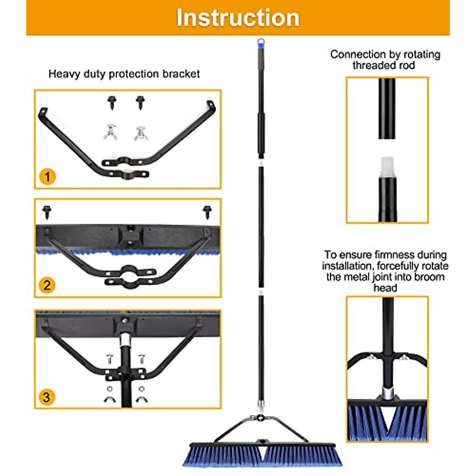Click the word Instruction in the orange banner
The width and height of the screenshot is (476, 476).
coord(238,18)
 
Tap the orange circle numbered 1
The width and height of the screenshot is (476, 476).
coord(48,177)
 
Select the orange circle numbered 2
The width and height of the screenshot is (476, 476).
coord(47,285)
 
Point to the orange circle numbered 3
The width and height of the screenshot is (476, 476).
coord(46,397)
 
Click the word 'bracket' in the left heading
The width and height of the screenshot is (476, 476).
coord(181,74)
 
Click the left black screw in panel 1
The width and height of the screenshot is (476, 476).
coord(112,102)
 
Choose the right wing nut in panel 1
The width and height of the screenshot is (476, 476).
coord(139,133)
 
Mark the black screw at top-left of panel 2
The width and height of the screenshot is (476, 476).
coord(47,212)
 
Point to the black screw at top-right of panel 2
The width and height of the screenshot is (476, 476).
coord(207,212)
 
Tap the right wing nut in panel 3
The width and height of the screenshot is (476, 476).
coord(142,399)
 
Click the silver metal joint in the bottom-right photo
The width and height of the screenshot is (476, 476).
coord(388,393)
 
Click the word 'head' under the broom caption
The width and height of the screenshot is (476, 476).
coord(385,288)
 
